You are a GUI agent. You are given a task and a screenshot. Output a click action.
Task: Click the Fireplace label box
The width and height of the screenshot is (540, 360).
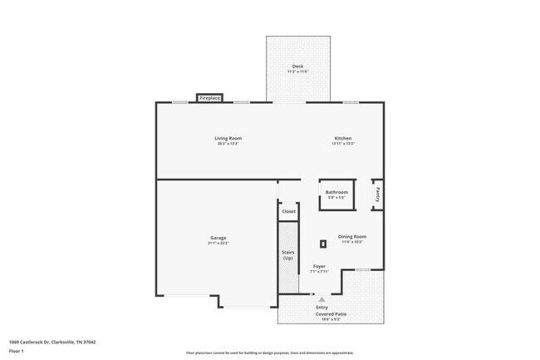[209, 98]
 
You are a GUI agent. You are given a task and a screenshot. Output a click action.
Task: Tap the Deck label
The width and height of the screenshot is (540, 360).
[297, 67]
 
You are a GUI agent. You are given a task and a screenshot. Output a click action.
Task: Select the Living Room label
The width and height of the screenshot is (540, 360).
[228, 138]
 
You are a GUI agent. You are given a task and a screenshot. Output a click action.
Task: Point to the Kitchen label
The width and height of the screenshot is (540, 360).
[343, 138]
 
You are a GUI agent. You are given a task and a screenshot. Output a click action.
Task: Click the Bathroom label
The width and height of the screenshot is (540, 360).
[336, 192]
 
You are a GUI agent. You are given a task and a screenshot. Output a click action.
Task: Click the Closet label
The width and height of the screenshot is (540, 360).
[288, 211]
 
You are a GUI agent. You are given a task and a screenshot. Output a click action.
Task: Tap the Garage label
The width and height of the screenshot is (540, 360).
[218, 238]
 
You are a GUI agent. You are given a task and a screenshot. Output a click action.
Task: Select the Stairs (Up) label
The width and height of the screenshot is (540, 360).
[287, 255]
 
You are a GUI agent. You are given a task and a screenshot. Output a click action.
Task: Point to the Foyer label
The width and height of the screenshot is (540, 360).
[319, 266]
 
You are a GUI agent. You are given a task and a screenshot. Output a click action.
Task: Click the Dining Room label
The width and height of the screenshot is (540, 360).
[353, 236]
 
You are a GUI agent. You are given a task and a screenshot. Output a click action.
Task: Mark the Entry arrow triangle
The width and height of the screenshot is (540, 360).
[322, 298]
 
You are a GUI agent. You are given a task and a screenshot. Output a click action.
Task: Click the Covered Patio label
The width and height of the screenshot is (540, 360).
[330, 313]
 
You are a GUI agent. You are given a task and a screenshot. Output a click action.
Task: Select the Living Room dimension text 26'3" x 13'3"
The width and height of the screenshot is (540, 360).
[228, 144]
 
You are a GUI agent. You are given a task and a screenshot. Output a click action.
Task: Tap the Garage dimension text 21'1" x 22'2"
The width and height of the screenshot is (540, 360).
[218, 244]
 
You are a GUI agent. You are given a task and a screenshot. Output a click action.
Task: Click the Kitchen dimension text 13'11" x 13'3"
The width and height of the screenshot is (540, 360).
[343, 144]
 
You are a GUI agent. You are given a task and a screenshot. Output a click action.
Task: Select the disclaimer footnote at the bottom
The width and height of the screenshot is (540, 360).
[270, 353]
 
